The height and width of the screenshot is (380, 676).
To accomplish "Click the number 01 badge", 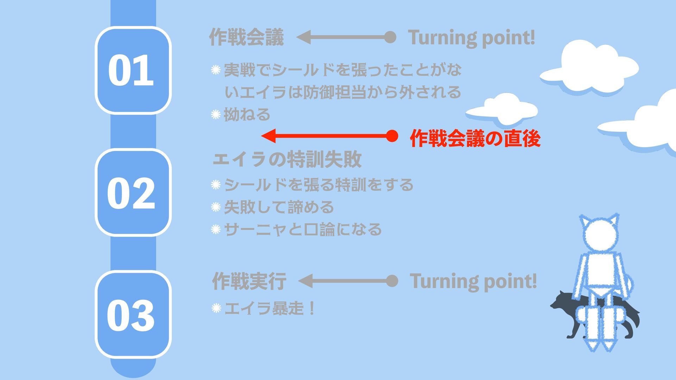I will [x=133, y=70].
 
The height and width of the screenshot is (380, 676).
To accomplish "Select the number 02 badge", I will [x=133, y=192].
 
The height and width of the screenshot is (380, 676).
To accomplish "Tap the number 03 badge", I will [x=133, y=315].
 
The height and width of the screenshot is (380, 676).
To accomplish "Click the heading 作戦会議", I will [x=246, y=37].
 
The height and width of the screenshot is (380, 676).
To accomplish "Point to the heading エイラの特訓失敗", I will [x=287, y=159].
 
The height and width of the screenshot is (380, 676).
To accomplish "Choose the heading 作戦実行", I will [x=249, y=281].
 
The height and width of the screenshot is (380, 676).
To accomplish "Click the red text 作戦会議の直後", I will [x=475, y=138].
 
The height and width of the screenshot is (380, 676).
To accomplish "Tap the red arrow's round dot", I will [x=392, y=136].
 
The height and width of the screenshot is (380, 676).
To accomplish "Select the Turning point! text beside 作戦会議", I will [x=471, y=37].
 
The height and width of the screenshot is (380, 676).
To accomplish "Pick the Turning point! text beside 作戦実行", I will [x=473, y=281].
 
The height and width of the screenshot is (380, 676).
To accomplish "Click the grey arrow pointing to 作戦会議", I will [x=345, y=37].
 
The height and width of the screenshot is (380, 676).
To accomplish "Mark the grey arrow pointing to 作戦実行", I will [x=347, y=281].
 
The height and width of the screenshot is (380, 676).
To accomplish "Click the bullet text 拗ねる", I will [x=247, y=115].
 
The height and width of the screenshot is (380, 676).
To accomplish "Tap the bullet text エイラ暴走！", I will [x=269, y=309].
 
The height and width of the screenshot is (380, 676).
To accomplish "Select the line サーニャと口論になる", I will [x=303, y=229].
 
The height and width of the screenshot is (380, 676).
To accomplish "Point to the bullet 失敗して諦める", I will [x=279, y=207].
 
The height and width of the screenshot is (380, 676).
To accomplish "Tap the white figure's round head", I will [x=599, y=235].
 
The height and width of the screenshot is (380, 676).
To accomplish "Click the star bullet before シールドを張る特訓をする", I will [x=215, y=185].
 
